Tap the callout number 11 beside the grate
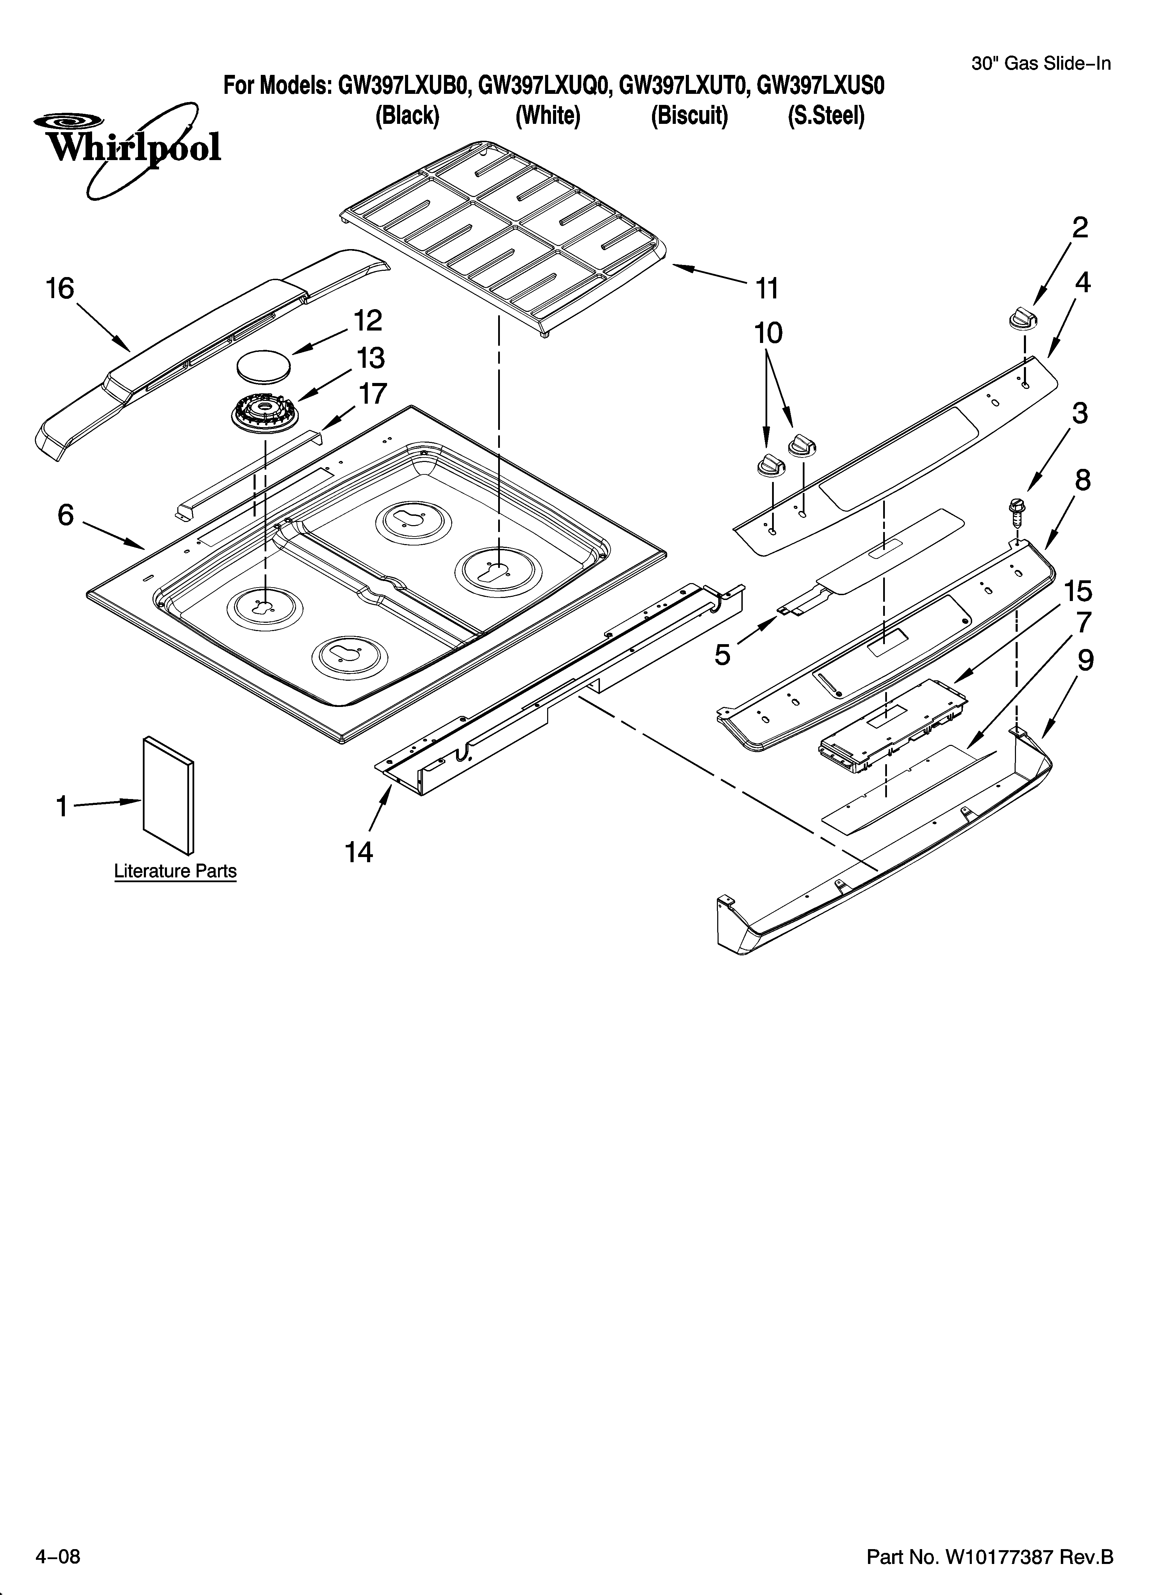pyautogui.click(x=767, y=288)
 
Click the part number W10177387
pyautogui.click(x=997, y=1558)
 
